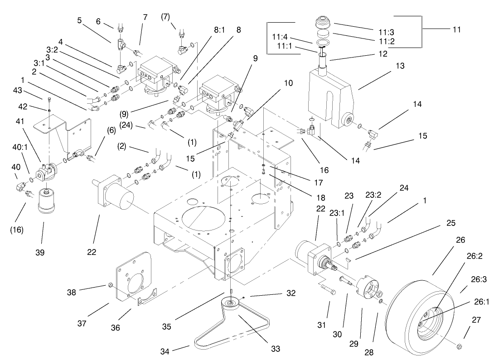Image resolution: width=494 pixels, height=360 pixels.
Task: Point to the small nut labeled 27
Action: [x=458, y=346]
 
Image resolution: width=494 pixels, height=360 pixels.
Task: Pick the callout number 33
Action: [x=275, y=349]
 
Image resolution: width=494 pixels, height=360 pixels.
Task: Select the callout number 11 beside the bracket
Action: [x=456, y=29]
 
